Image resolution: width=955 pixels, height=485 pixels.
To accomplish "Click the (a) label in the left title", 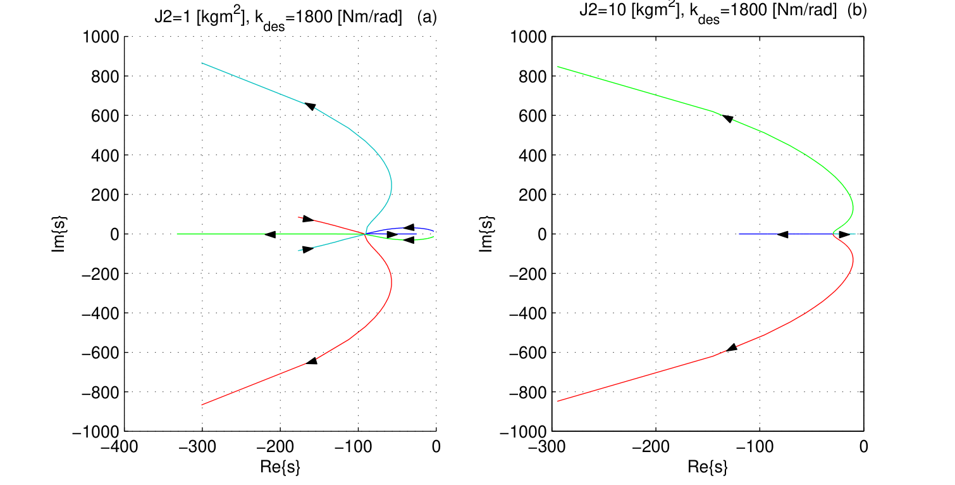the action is (x=427, y=17).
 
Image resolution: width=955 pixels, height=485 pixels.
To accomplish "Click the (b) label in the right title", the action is (x=857, y=10).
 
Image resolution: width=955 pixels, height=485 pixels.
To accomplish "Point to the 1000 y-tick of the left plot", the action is (x=101, y=37).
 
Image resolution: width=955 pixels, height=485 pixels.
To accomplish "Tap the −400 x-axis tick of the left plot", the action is (x=120, y=447).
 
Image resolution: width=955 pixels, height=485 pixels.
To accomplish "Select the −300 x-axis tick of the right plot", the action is (x=547, y=447).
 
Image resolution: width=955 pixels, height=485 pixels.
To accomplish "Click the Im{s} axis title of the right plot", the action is (x=486, y=234).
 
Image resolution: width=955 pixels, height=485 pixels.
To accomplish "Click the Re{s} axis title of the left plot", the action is (x=280, y=467).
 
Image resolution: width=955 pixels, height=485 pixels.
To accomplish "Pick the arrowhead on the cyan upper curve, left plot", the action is (x=311, y=106).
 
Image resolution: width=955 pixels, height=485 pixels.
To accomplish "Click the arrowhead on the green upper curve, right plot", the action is (x=728, y=118).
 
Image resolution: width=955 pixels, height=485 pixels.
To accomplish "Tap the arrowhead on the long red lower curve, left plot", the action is (x=312, y=361).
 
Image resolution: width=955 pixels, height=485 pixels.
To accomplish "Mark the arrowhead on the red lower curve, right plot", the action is (x=732, y=348).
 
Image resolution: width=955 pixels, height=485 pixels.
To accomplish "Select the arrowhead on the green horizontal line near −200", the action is (x=270, y=234).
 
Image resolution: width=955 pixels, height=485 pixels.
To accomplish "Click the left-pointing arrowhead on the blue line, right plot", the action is (x=782, y=234).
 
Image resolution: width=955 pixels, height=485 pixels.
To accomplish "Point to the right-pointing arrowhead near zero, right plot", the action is (x=844, y=234).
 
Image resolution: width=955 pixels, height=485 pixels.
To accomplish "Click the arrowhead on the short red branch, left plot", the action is (x=308, y=219).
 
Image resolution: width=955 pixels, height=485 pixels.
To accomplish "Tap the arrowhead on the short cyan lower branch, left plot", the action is (x=308, y=249).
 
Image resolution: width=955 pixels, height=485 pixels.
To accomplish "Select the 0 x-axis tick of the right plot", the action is (x=864, y=447).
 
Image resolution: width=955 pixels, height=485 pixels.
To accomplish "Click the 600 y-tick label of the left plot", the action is (x=106, y=116).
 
